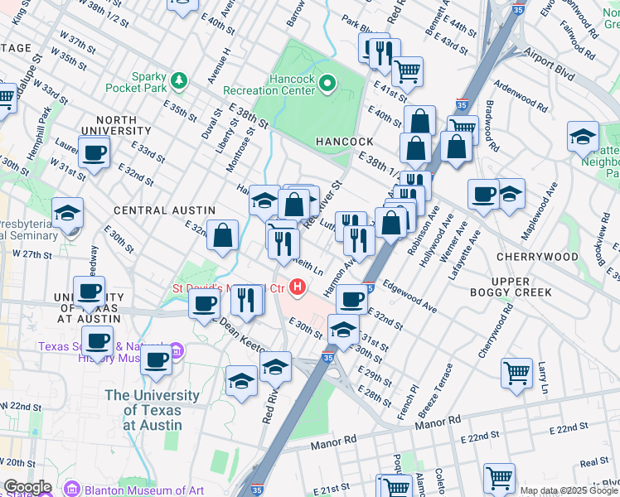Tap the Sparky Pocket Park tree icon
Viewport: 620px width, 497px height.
tap(178, 80)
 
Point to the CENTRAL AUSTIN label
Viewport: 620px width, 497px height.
tap(153, 210)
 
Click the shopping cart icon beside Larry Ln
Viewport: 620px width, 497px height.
tap(516, 373)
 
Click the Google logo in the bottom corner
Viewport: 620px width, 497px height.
tap(27, 487)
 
